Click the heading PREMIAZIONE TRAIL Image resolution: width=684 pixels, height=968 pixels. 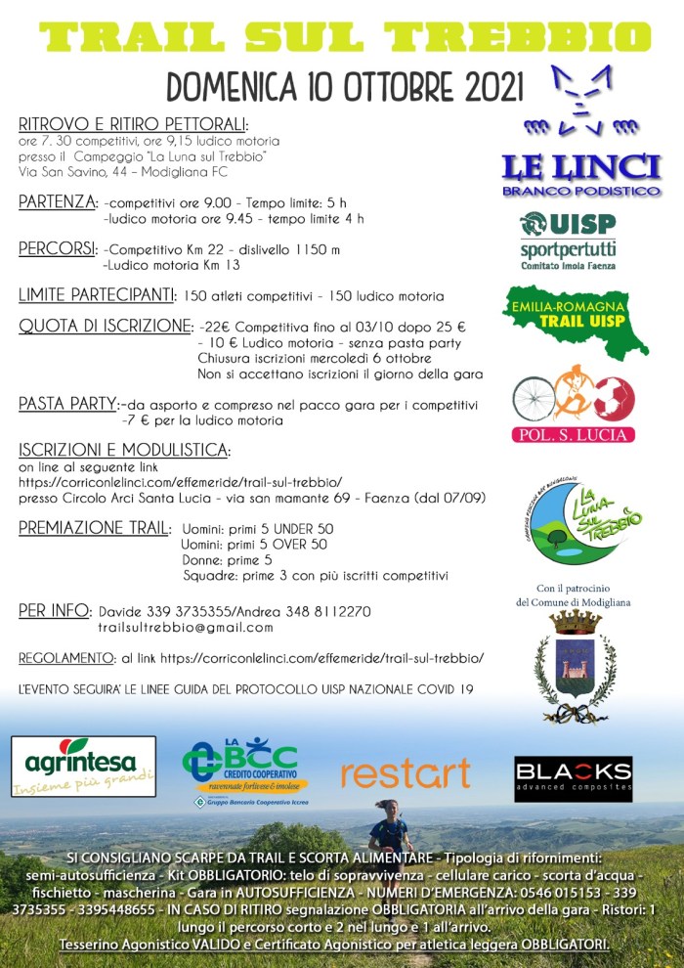click(94, 528)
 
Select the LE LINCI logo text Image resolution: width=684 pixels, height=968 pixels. click(580, 168)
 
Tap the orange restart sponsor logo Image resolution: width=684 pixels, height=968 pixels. click(406, 773)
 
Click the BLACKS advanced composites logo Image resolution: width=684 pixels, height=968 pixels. click(574, 778)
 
